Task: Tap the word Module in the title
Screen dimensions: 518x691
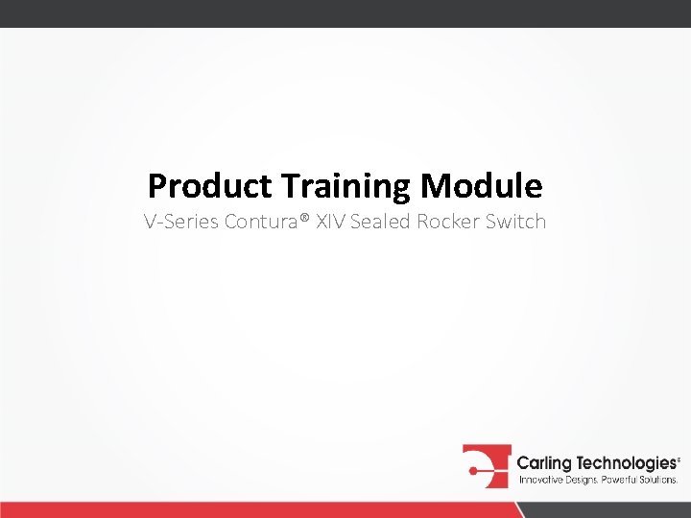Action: click(482, 185)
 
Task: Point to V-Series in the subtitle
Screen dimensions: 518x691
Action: click(181, 223)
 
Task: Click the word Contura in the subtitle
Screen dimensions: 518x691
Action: click(260, 223)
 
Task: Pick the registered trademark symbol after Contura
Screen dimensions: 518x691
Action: click(304, 221)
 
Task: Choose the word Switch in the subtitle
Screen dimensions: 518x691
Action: click(515, 223)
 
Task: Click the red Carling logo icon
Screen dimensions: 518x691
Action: click(486, 466)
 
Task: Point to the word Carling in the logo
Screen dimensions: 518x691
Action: click(545, 463)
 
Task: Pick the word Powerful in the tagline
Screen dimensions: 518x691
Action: click(621, 479)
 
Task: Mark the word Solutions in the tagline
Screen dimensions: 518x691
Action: click(660, 479)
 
